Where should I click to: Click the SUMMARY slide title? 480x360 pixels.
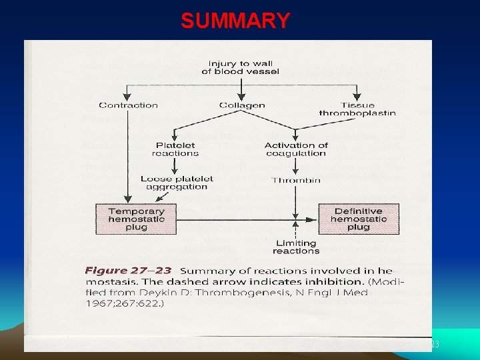point(235,21)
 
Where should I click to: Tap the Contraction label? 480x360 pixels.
point(128,105)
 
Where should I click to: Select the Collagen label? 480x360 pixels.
point(241,105)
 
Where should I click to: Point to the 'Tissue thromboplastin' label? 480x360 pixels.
point(358,109)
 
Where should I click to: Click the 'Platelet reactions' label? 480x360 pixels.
point(175,149)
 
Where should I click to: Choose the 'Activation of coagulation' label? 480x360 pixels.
point(296,149)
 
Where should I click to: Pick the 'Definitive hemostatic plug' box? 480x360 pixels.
point(358,219)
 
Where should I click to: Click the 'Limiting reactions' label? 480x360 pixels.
point(296,247)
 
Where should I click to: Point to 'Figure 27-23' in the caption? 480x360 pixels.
point(128,271)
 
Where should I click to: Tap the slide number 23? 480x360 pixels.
point(435,345)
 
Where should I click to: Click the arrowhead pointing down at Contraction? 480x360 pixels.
point(128,97)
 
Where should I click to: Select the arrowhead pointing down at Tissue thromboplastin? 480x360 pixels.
point(358,97)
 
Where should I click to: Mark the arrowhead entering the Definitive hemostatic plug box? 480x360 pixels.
point(315,219)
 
